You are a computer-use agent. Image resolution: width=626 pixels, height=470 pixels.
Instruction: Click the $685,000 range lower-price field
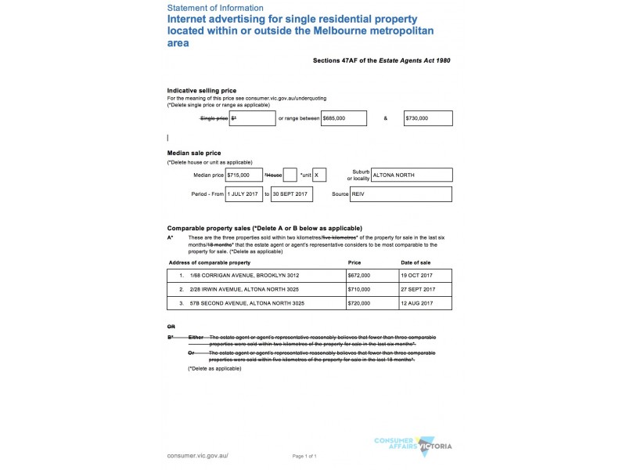[344, 118]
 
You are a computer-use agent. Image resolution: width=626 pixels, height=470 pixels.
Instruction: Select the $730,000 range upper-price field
[428, 118]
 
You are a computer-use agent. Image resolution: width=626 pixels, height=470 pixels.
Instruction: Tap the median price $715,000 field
[243, 175]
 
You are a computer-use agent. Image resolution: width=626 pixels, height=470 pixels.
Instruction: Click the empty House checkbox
[290, 175]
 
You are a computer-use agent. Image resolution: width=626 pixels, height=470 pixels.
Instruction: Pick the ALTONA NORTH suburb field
[412, 175]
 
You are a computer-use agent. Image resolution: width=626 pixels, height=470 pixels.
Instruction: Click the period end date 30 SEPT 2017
[291, 193]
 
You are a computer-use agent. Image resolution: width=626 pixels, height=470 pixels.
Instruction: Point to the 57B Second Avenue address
[243, 302]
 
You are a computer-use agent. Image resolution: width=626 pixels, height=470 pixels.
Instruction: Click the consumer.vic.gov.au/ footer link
[198, 455]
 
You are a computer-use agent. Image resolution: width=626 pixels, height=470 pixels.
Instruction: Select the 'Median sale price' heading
[194, 153]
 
